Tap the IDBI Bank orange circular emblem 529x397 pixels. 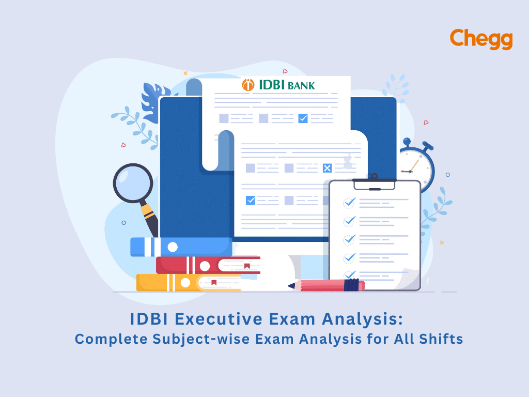pos(248,85)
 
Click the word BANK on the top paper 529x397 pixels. pos(301,86)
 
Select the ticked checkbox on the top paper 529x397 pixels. pos(303,118)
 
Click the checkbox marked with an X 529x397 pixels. pos(327,168)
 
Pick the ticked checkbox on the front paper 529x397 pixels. pos(251,200)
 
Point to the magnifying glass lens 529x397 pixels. pos(133,183)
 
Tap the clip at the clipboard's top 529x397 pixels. pos(375,182)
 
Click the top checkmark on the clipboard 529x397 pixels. pos(350,202)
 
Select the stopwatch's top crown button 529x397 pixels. pos(407,142)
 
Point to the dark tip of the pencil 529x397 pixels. pos(290,286)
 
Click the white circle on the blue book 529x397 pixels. pos(173,247)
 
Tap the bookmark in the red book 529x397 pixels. pos(247,266)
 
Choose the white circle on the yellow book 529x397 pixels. pos(185,283)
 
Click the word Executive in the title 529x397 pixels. pos(219,319)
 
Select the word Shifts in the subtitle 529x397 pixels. pos(441,339)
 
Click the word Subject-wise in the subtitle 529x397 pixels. pos(201,339)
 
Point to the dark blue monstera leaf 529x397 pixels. pos(154,101)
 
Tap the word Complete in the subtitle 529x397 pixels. pos(111,339)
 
